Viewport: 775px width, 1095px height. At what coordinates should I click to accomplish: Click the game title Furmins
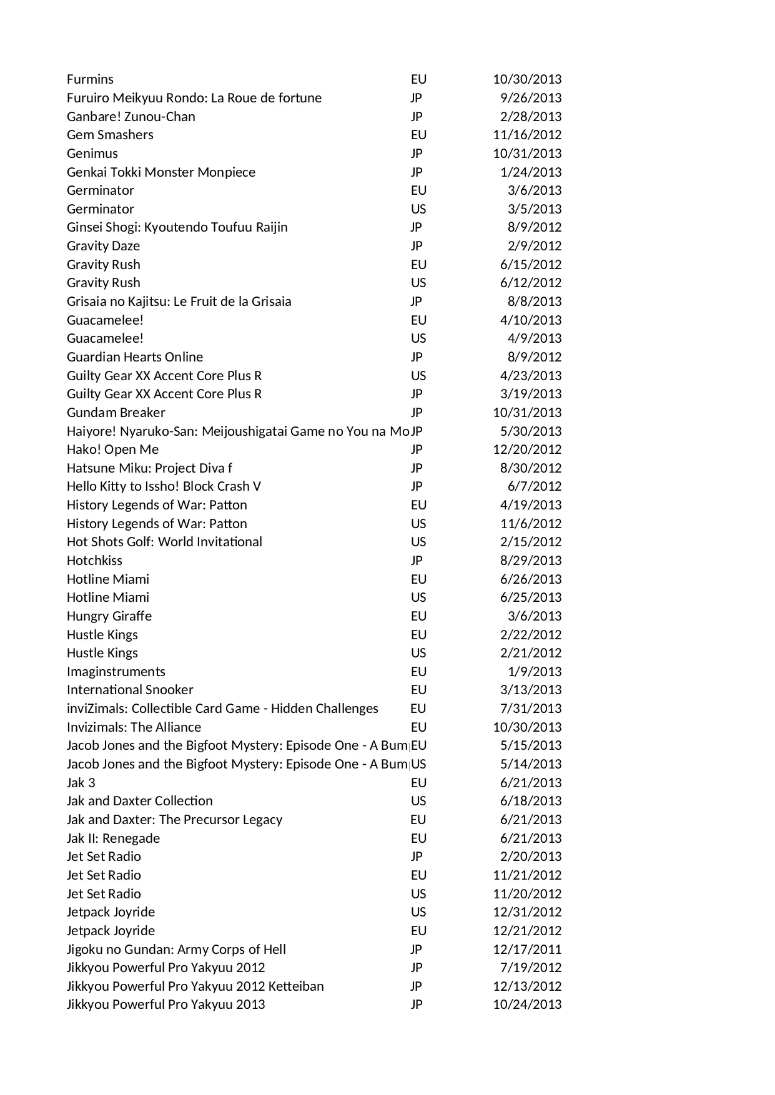[x=90, y=79]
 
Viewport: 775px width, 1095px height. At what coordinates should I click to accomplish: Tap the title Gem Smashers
[x=110, y=135]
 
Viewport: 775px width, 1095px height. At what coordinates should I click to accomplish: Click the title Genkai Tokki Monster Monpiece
[x=161, y=172]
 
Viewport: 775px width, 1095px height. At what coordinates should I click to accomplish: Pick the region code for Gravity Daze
[x=417, y=246]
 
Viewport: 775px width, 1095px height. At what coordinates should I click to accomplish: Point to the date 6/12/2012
[x=530, y=283]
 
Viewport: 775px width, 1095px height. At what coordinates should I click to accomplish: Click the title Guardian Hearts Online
[x=135, y=357]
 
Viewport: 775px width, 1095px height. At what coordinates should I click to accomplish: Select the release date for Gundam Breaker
[x=526, y=413]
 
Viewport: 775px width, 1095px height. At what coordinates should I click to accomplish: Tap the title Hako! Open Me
[x=112, y=449]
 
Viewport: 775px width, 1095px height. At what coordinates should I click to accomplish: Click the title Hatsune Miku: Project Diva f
[x=149, y=468]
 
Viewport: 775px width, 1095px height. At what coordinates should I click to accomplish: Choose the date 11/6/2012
[x=530, y=524]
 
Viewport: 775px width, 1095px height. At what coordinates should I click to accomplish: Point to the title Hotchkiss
[x=94, y=561]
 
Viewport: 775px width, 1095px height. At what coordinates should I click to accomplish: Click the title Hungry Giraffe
[x=109, y=616]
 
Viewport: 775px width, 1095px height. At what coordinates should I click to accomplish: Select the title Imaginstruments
[x=116, y=672]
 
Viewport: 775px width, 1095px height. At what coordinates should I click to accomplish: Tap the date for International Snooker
[x=530, y=690]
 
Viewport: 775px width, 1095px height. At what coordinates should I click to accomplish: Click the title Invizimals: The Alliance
[x=134, y=727]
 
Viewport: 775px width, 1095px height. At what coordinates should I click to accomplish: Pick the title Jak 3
[x=81, y=783]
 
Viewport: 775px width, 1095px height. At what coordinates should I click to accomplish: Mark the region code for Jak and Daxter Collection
[x=418, y=801]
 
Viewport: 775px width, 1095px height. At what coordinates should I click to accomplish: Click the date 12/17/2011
[x=526, y=950]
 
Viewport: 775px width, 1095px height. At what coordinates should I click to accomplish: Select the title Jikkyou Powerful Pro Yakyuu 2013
[x=165, y=1004]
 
